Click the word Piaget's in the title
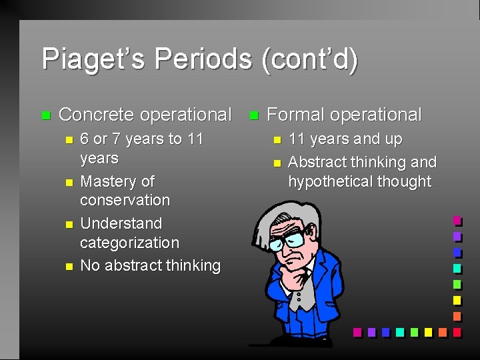tap(93, 59)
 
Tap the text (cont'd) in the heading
tap(310, 59)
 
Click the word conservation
tap(125, 200)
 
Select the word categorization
tap(129, 243)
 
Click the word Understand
tap(121, 223)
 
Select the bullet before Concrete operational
tap(45, 115)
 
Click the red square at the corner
tap(457, 331)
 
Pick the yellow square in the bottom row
tap(428, 331)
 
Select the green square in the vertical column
tap(457, 284)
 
